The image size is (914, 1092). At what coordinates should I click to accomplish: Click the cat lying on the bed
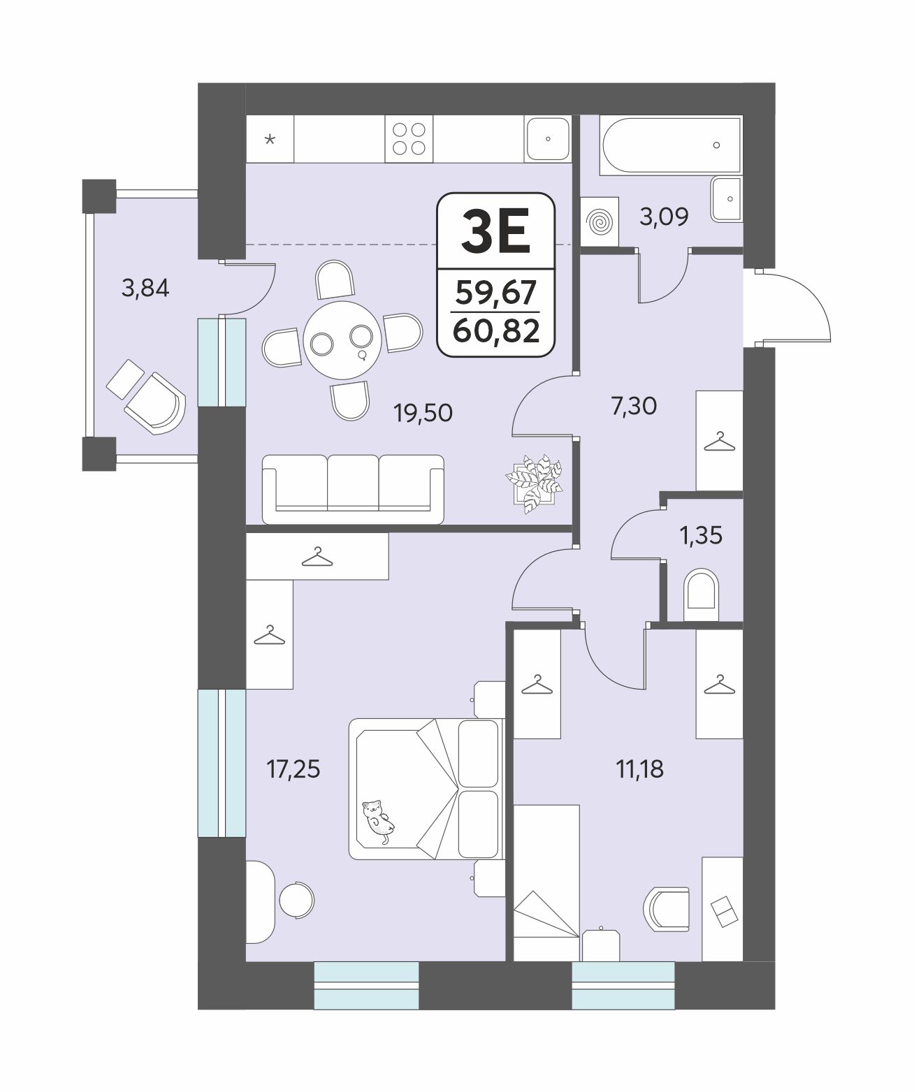coord(378,821)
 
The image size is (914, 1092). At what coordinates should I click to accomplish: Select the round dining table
coord(342,340)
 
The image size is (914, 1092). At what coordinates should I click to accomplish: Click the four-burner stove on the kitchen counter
coord(409,139)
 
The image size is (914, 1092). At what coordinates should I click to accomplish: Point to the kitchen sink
coord(548,138)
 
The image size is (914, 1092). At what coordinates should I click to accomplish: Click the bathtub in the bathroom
coord(671,145)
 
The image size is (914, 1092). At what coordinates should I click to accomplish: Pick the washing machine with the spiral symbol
coord(600,221)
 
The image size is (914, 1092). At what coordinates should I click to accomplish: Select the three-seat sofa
coord(353,489)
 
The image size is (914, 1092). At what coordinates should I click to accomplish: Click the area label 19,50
coord(423,413)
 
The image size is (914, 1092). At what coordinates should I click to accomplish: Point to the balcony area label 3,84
coord(145,288)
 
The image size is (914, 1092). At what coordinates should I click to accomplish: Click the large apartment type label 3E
coord(495,231)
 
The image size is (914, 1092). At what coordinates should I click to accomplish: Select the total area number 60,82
coord(496,331)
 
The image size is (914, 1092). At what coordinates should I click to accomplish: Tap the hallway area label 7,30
coord(634,406)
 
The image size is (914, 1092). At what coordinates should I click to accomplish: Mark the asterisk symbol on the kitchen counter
coord(270,140)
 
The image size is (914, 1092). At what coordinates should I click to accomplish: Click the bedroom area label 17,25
coord(293,769)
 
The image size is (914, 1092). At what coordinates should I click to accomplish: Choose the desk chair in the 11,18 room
coord(666,909)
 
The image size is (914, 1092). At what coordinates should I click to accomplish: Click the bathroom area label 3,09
coord(664,217)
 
